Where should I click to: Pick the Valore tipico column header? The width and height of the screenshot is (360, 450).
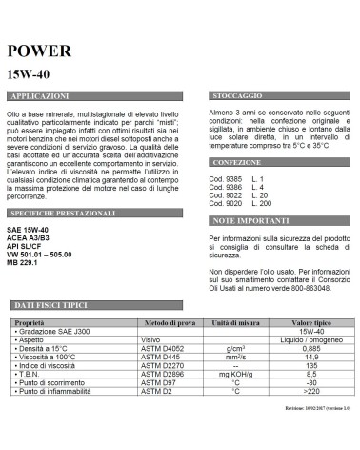tap(307, 323)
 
